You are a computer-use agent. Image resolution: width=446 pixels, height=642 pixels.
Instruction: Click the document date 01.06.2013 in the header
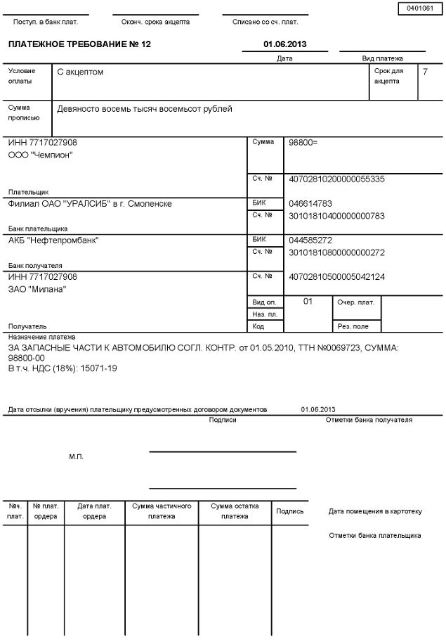284,44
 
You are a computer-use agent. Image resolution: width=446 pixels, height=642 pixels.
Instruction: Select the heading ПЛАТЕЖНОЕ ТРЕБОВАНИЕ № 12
79,44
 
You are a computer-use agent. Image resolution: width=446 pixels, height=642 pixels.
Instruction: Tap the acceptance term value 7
425,72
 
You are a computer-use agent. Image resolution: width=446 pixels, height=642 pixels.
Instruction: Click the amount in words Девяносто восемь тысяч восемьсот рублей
145,109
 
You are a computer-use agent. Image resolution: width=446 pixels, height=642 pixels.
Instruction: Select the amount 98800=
303,142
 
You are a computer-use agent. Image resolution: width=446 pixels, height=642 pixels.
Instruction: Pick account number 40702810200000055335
336,179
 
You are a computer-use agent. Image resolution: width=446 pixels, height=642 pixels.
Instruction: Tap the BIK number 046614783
310,203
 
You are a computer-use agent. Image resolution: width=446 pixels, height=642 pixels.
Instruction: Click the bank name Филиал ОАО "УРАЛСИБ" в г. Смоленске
90,204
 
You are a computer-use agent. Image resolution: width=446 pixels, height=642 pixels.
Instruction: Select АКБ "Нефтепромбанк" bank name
53,240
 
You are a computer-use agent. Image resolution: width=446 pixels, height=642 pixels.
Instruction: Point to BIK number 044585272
310,240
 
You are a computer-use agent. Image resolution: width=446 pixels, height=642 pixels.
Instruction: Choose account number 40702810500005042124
336,277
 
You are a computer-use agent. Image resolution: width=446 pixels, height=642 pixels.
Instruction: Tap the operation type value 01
308,301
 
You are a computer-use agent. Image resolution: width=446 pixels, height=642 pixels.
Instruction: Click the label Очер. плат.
356,302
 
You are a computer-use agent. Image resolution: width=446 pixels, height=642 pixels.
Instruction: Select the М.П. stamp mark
76,457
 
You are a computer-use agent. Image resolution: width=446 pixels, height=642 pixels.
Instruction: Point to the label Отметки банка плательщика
375,536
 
